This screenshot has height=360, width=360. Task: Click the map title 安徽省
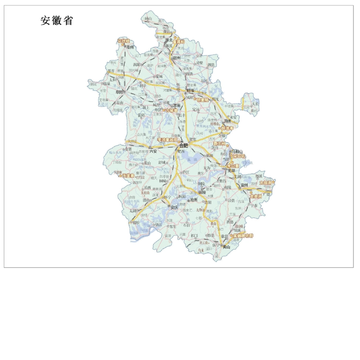click(57, 20)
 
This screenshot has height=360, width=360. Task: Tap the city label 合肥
click(183, 145)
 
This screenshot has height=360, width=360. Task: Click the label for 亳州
click(130, 47)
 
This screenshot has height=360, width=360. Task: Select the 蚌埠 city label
click(189, 91)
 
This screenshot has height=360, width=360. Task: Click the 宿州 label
click(177, 58)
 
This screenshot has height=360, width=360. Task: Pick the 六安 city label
click(153, 151)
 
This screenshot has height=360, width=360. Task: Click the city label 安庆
click(174, 207)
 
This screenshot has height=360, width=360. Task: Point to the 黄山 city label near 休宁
click(226, 247)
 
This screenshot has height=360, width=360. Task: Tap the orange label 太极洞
click(266, 183)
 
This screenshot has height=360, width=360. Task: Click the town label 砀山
click(147, 18)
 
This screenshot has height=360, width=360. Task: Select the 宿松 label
click(136, 223)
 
